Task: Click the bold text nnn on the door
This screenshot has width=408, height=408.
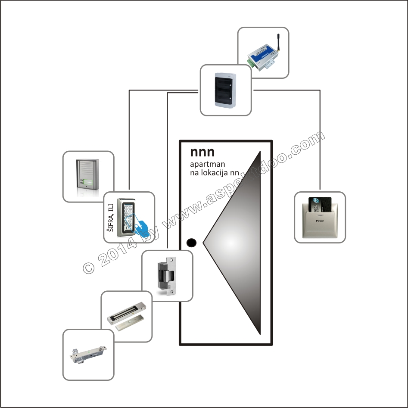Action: click(x=202, y=152)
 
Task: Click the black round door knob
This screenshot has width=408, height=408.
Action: click(x=191, y=243)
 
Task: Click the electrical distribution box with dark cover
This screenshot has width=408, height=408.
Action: click(x=226, y=90)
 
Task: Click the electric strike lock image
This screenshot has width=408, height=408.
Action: click(x=168, y=275)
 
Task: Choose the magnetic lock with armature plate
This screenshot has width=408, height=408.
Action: click(x=127, y=317)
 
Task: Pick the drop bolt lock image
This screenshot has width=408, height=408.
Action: click(x=88, y=355)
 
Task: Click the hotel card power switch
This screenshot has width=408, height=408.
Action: click(x=320, y=217)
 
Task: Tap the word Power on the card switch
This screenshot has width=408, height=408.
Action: click(x=320, y=221)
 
